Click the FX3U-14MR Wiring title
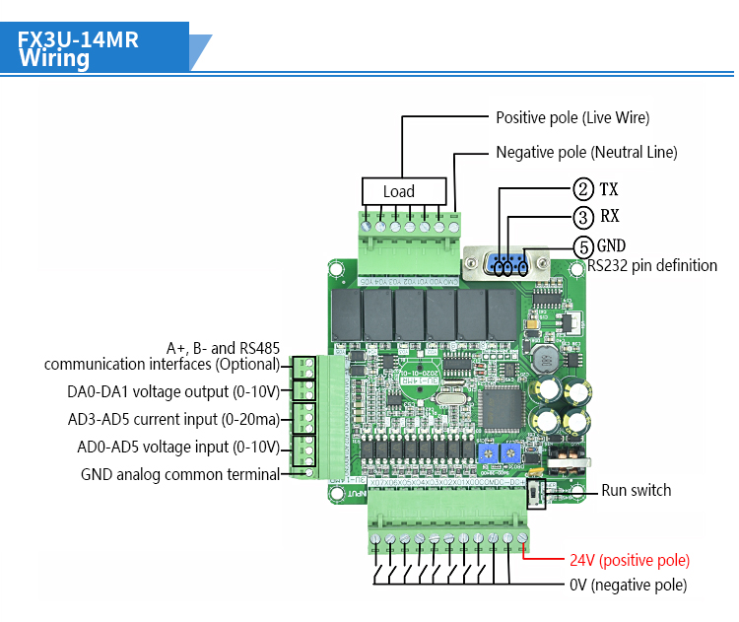pos(79,49)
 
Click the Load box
pos(399,191)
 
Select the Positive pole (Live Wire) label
pos(572,117)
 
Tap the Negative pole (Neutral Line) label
pos(586,153)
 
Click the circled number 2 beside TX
pos(584,189)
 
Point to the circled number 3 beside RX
pos(584,217)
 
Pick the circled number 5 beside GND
pos(584,245)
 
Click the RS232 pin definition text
pos(652,265)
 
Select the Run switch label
pos(636,490)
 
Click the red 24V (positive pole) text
pos(630,560)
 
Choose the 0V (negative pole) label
pos(628,585)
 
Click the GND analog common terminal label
pos(180,474)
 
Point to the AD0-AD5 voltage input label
pos(178,447)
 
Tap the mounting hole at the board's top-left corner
pos(336,268)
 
